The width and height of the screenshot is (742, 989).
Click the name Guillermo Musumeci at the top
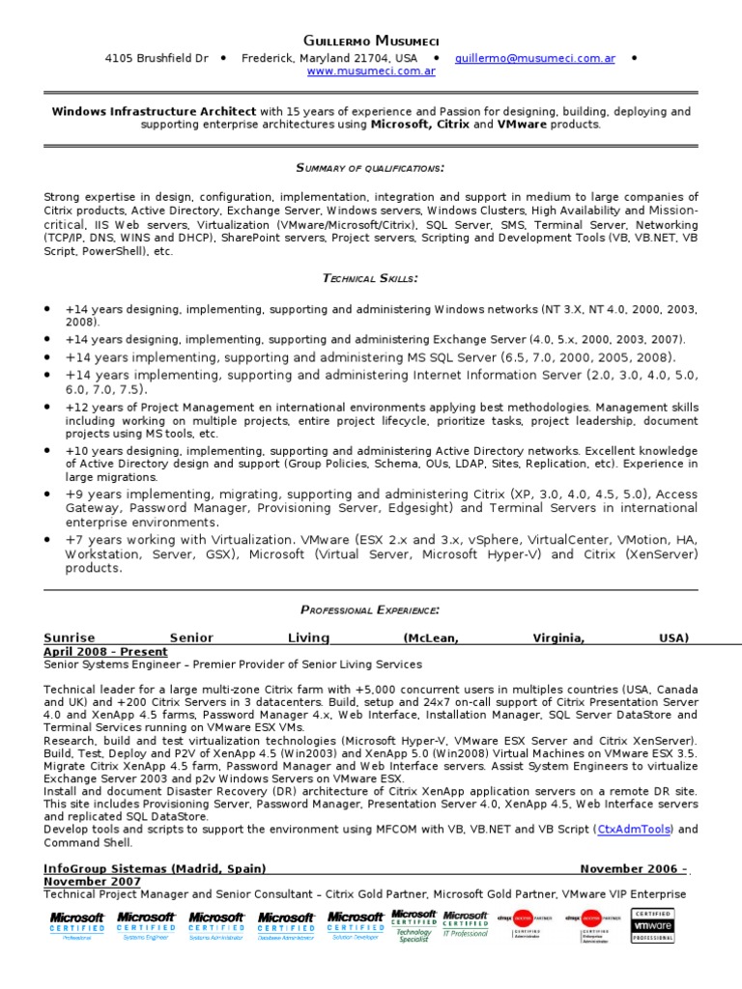(x=370, y=40)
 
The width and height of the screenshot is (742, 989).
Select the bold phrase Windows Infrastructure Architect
(x=154, y=112)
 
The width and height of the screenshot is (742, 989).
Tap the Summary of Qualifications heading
(x=370, y=168)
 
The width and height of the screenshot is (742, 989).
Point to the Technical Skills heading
(x=370, y=278)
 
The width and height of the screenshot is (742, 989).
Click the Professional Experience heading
(x=370, y=609)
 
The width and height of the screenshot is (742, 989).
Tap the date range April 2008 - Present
(x=105, y=652)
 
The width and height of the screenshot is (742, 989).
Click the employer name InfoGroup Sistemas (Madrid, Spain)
(x=156, y=868)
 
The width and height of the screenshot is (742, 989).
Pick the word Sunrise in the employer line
(x=70, y=637)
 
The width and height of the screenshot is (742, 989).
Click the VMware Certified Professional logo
(x=653, y=925)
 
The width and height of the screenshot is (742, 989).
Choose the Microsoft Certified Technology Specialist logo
(x=414, y=924)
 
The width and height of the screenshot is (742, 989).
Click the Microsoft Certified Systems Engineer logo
(x=147, y=925)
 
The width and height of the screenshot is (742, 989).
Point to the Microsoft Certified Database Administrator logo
(x=286, y=925)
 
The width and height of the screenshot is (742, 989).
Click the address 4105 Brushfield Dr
(x=157, y=58)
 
